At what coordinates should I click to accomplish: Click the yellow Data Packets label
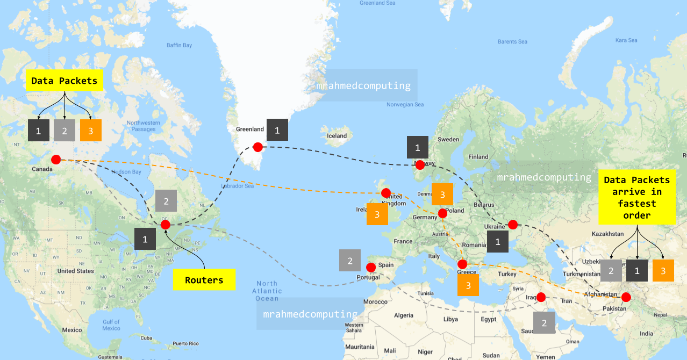point(64,81)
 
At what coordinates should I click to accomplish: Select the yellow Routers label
point(204,280)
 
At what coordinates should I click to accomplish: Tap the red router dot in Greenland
point(258,147)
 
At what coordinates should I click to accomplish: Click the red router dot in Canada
point(55,160)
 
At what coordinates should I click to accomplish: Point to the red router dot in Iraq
point(541,297)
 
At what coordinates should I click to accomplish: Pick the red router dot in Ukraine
point(512,224)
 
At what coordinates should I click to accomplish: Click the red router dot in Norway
point(420,165)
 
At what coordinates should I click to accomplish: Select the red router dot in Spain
point(370,267)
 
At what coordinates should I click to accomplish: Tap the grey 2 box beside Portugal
point(350,261)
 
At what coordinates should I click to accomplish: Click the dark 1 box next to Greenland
point(277,130)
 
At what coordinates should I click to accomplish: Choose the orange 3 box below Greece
point(468,285)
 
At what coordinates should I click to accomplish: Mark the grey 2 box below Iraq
point(544,323)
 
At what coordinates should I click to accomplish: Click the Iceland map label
point(337,136)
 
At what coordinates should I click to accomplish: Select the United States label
point(76,271)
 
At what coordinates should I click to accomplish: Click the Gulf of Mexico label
point(111,325)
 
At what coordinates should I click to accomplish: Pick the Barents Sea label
point(512,42)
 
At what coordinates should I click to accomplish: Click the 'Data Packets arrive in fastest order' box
point(637,198)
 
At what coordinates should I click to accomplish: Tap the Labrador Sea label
point(237,186)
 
